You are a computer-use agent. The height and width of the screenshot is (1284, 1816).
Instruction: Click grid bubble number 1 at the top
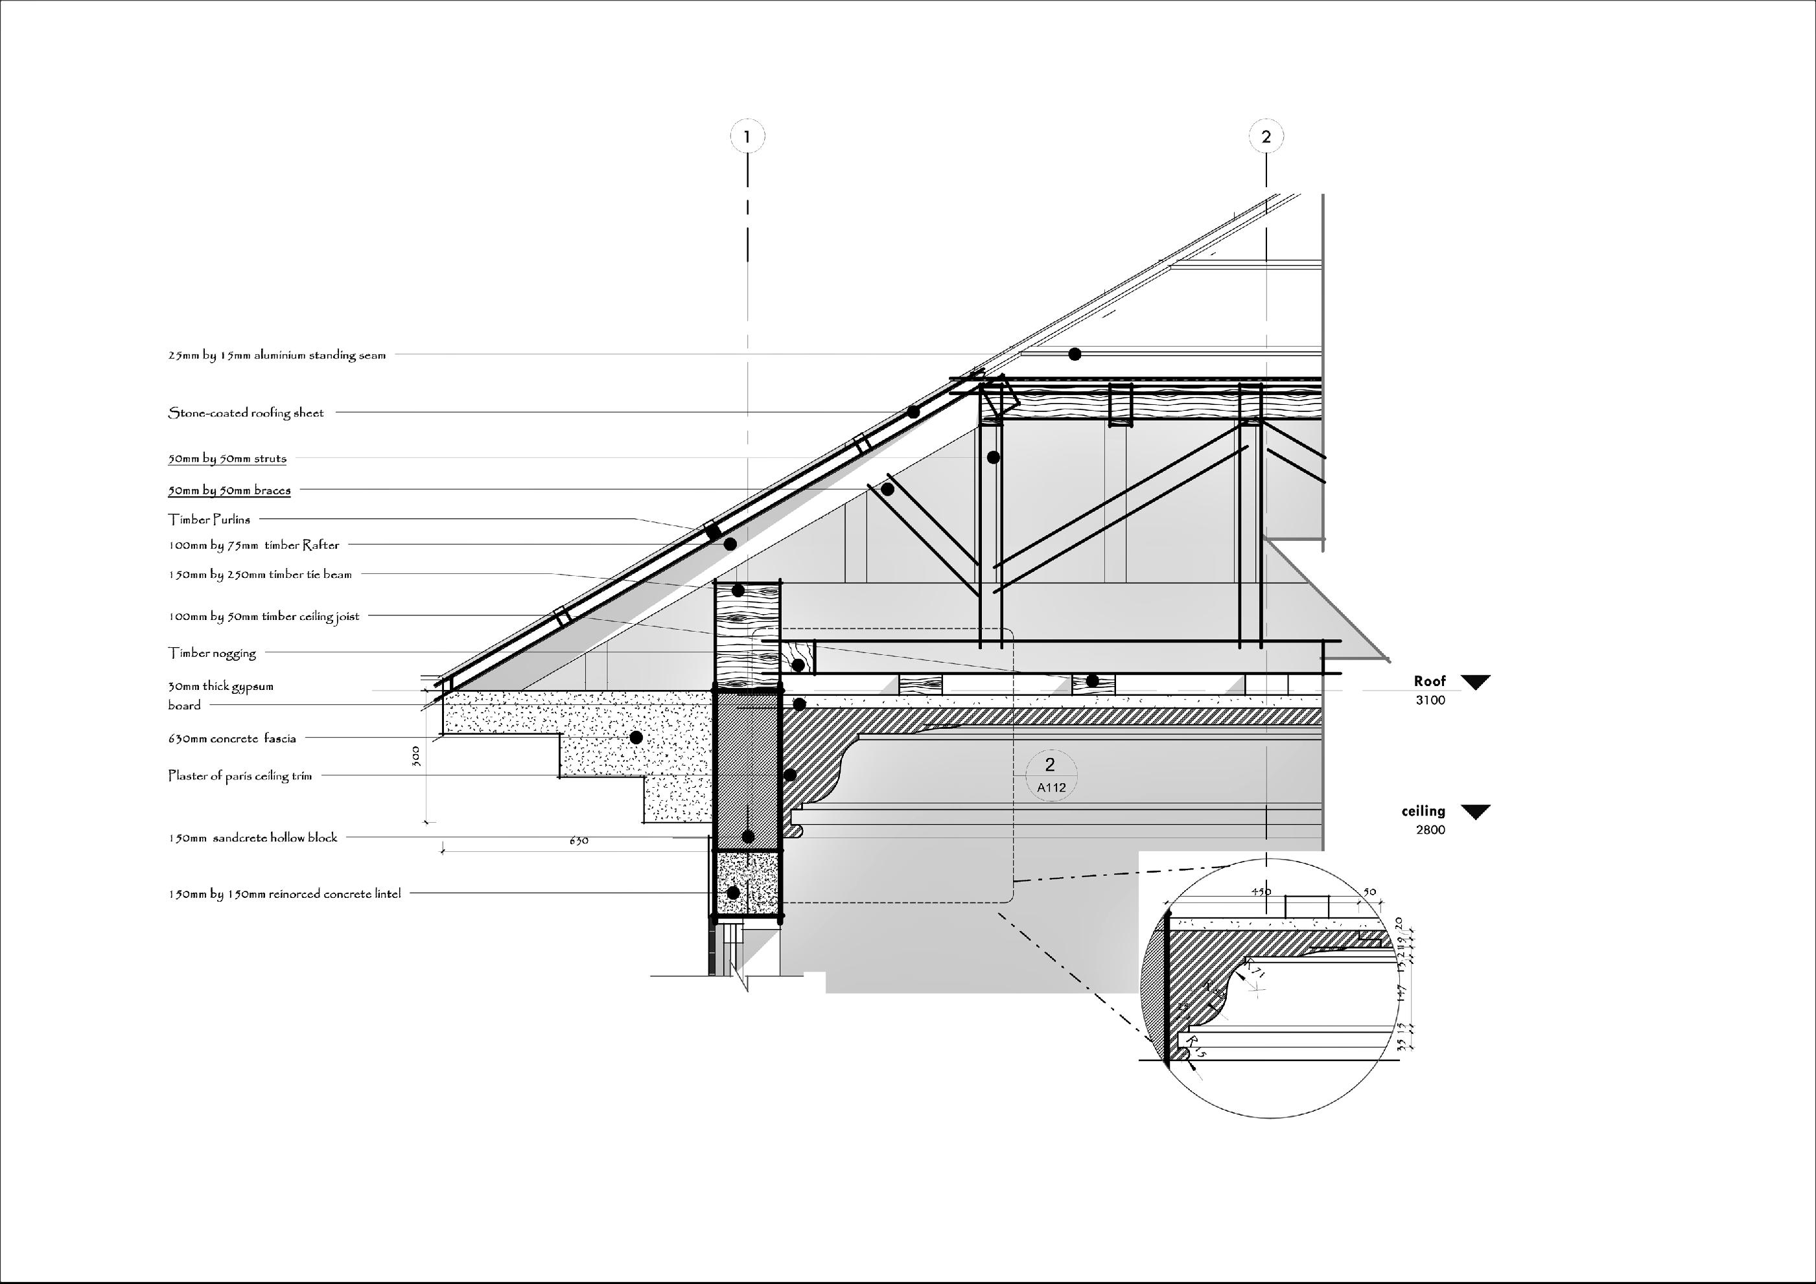(747, 137)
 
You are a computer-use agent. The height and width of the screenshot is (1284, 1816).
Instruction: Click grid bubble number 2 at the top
(1266, 137)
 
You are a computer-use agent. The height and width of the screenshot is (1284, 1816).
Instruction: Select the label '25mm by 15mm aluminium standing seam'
(277, 355)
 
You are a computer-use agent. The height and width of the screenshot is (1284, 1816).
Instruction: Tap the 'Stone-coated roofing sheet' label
(246, 413)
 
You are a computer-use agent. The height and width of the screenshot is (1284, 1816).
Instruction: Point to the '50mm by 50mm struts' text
(227, 459)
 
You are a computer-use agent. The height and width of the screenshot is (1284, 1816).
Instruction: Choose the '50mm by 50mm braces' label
(229, 490)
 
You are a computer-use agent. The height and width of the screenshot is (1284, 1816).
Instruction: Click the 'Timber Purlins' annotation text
(209, 520)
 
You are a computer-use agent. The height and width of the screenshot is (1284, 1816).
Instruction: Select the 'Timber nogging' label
(212, 653)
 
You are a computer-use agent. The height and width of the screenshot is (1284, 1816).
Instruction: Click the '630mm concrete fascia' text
(232, 739)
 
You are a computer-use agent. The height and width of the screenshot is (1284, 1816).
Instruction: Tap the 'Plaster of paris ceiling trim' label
(240, 775)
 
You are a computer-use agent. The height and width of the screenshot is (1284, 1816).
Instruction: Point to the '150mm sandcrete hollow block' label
(252, 837)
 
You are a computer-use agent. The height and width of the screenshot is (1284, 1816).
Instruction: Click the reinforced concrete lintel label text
(284, 894)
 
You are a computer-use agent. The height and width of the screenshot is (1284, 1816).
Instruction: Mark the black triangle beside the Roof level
(1475, 682)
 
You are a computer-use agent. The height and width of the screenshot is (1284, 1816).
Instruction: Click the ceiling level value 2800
(1430, 830)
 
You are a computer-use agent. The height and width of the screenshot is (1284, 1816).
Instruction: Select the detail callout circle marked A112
(1051, 774)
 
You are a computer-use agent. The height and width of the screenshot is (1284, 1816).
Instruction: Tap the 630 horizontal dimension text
(579, 840)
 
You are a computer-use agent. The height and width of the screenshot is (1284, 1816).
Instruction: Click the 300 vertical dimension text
(417, 756)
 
